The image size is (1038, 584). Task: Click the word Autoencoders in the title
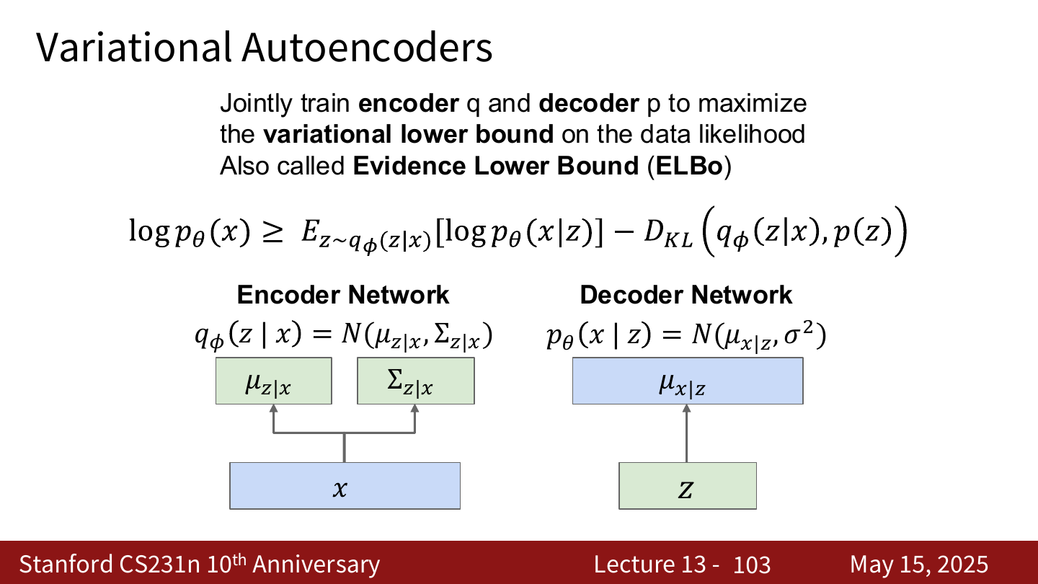[367, 48]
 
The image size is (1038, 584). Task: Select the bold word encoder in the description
[409, 103]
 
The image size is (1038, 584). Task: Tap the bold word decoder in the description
[589, 103]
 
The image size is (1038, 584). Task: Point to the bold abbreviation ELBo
[689, 166]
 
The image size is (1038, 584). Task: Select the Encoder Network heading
[343, 295]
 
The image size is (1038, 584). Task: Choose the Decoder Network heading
[686, 295]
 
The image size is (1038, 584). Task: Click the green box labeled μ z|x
[273, 381]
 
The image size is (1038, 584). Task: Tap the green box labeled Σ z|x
[416, 381]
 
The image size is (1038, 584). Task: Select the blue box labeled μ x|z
[688, 381]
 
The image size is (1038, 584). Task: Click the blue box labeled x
[345, 486]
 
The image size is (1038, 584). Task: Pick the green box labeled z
[688, 486]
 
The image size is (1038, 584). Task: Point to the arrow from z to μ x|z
[687, 433]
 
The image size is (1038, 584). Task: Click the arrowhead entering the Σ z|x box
[414, 408]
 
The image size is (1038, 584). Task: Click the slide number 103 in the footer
[752, 565]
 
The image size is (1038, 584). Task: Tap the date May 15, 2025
[919, 565]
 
